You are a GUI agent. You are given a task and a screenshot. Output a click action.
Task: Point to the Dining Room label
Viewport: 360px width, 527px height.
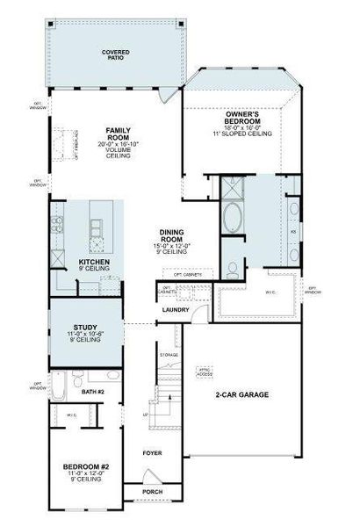(x=170, y=236)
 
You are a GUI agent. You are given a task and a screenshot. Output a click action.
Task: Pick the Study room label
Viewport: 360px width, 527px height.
(x=86, y=331)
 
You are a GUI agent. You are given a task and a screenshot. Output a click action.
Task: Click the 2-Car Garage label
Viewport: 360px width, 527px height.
(x=241, y=395)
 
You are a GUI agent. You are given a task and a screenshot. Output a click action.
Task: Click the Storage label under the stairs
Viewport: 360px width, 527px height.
(x=169, y=356)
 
